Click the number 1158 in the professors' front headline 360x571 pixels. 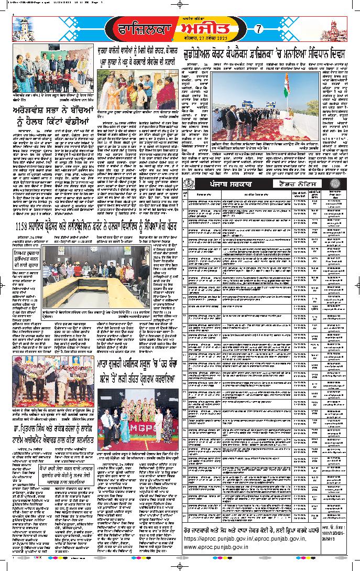(23, 225)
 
